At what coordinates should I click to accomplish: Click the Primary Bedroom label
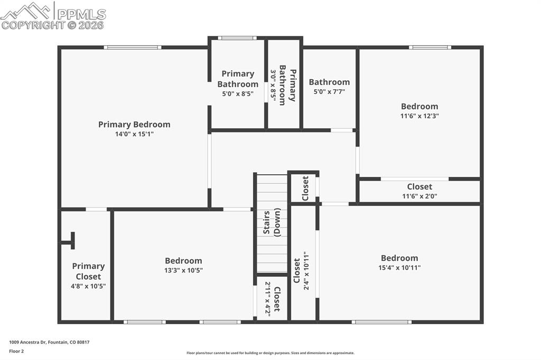coord(134,125)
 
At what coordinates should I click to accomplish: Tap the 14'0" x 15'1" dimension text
coord(134,134)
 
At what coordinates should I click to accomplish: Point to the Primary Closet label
coord(88,271)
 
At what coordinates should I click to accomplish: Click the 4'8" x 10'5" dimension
coord(88,286)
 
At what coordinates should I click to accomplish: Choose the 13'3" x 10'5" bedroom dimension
coord(183,270)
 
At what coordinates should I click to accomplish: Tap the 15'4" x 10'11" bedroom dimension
coord(399,268)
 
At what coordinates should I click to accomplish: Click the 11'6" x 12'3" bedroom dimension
coord(419,116)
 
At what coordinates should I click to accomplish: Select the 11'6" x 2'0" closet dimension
coord(419,196)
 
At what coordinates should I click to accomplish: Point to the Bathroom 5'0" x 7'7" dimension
coord(329,92)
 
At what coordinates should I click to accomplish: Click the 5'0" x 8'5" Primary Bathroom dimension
coord(238,94)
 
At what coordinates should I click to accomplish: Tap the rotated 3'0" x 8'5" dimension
coord(273,84)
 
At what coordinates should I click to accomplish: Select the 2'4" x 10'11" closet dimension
coord(305,271)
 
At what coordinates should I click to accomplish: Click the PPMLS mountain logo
coord(27,11)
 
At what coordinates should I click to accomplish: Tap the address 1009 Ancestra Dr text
coord(49,342)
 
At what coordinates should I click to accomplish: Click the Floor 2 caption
coord(16,350)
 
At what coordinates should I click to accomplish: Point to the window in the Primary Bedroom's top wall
coord(132,48)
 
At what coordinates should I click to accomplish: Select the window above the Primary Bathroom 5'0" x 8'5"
coord(237,38)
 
